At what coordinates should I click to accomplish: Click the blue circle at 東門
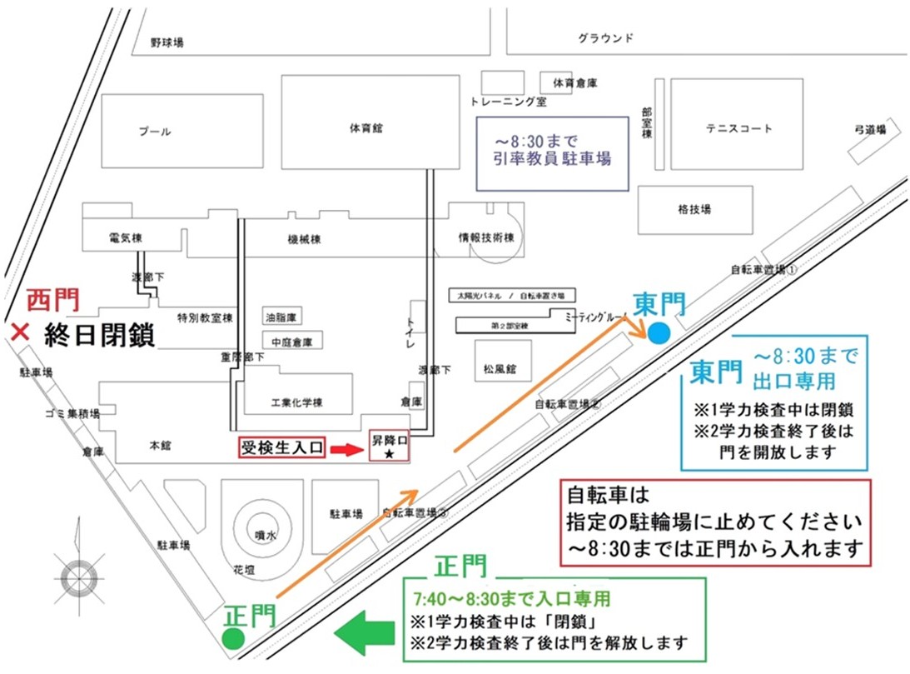coord(659,333)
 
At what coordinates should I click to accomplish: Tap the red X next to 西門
coord(17,332)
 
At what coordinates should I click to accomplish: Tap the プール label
coord(155,132)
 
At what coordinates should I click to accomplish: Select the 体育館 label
coord(366,128)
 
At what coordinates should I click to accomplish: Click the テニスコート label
coord(738,128)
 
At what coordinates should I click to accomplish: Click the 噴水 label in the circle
coord(266,536)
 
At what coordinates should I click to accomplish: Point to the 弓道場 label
coord(869,130)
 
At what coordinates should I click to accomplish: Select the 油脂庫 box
coord(282,317)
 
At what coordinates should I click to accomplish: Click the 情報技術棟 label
coord(486,238)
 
